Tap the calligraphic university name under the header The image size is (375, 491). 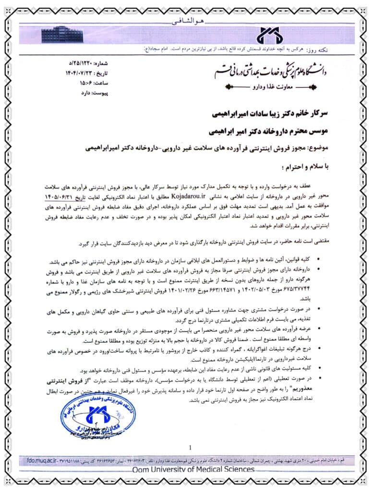[268, 72]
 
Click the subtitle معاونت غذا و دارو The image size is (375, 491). [270, 88]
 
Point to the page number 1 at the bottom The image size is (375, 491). [190, 448]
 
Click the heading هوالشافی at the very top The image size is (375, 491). [188, 22]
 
